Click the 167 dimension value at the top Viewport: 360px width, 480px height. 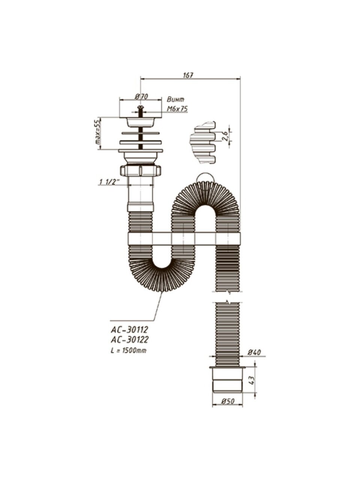pos(188,75)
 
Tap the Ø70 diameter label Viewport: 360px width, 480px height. pos(141,96)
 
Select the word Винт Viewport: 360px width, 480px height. pos(175,99)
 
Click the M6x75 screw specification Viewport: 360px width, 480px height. pos(177,109)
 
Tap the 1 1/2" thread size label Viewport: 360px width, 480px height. pos(109,182)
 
